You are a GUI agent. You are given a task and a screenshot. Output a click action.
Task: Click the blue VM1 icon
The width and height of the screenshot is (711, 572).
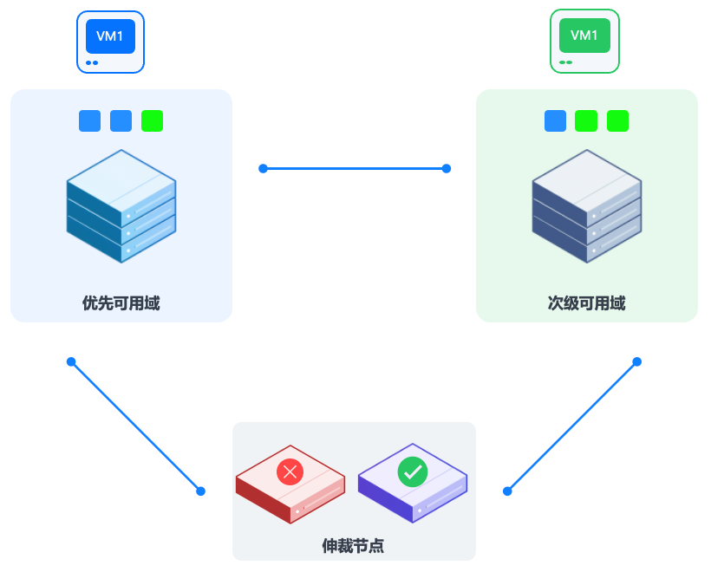click(x=110, y=41)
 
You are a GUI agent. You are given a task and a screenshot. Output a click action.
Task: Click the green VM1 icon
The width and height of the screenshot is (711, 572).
click(x=584, y=41)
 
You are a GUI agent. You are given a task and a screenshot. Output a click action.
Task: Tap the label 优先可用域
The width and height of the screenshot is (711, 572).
click(x=121, y=303)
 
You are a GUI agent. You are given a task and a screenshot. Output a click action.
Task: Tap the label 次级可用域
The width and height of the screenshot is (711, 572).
click(x=586, y=303)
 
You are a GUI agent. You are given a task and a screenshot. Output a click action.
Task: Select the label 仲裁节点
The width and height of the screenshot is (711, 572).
click(x=353, y=546)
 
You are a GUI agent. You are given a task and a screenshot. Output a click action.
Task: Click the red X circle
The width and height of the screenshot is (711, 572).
click(x=290, y=472)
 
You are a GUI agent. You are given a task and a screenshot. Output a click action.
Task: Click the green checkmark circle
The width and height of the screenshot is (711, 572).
click(x=412, y=472)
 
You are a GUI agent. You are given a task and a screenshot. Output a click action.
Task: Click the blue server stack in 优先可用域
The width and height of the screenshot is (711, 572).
click(x=121, y=206)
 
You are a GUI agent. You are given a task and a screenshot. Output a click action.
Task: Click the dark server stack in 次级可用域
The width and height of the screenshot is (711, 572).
click(x=586, y=206)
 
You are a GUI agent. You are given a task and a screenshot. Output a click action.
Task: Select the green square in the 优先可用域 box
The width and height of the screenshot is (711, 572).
click(x=153, y=121)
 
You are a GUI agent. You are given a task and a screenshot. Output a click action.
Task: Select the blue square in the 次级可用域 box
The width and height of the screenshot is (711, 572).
click(x=555, y=121)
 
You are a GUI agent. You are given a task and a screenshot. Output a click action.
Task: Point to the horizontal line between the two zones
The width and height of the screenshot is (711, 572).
click(x=355, y=168)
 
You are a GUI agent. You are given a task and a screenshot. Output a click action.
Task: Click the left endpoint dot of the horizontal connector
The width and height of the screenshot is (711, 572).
click(x=263, y=168)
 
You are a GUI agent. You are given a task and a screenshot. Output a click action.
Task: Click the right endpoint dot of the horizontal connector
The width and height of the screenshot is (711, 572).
click(x=447, y=168)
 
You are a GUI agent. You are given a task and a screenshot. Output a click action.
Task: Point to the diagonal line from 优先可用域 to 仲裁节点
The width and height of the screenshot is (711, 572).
click(x=136, y=426)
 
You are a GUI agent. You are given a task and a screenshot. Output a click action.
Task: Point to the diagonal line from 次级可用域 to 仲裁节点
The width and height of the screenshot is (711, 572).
click(x=572, y=426)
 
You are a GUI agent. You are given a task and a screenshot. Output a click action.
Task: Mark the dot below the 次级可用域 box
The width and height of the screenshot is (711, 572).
click(x=636, y=361)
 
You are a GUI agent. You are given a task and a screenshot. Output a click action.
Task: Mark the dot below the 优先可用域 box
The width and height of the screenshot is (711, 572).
click(x=71, y=361)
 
